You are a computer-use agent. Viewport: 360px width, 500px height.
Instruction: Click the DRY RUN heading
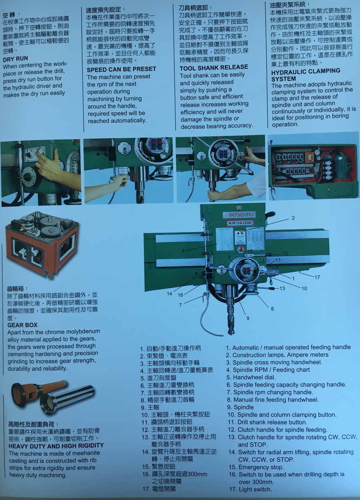click(15, 59)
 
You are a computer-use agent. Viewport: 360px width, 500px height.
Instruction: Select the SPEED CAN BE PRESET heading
click(121, 69)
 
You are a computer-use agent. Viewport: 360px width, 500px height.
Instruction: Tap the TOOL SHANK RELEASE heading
click(214, 67)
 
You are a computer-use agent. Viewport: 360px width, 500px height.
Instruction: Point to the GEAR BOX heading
click(22, 325)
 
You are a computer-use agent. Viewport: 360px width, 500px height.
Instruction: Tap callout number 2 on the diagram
click(293, 218)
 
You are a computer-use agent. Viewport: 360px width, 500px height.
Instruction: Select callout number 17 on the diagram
click(317, 277)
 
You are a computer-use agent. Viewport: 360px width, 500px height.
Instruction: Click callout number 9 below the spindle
click(248, 318)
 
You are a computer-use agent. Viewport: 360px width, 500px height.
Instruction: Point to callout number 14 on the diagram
click(170, 294)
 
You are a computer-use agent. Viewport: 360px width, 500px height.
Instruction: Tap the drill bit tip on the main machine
click(231, 333)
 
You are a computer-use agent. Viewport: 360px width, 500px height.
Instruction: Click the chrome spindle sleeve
click(67, 400)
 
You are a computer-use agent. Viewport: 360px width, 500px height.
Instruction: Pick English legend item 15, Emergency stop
click(256, 467)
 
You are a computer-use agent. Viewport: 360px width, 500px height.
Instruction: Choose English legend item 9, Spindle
click(240, 407)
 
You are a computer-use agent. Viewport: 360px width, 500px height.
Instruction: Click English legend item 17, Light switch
click(250, 490)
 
